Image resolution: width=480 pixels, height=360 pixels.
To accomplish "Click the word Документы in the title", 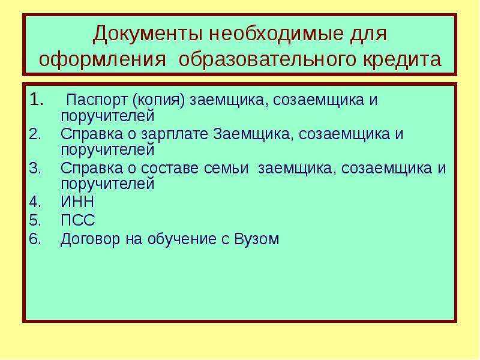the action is (x=147, y=34).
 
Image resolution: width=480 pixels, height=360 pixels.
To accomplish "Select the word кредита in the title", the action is (x=402, y=59).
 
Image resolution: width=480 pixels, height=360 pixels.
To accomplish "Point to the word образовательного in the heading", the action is (x=267, y=59).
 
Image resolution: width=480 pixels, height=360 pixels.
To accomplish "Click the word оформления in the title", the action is (x=102, y=59).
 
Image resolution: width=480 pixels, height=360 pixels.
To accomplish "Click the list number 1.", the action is (x=37, y=100).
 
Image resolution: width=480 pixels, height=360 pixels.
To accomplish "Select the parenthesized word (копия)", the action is (x=158, y=100).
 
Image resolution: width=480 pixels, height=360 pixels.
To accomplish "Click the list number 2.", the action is (x=35, y=134).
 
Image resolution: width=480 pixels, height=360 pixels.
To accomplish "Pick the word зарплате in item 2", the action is (x=175, y=134).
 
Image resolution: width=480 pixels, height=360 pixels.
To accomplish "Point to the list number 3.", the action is (x=35, y=168).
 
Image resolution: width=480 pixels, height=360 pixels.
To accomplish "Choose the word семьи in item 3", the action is (x=226, y=168).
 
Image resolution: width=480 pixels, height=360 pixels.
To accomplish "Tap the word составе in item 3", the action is (x=170, y=168).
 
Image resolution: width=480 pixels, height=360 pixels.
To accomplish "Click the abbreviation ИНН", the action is (x=77, y=202).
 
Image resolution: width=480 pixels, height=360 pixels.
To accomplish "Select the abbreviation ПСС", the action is (x=78, y=220).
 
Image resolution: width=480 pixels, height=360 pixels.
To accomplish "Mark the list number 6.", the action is (x=35, y=239).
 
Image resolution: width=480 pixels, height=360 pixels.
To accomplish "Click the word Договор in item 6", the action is (x=90, y=239).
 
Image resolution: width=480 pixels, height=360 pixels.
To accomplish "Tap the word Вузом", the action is (x=257, y=239).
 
